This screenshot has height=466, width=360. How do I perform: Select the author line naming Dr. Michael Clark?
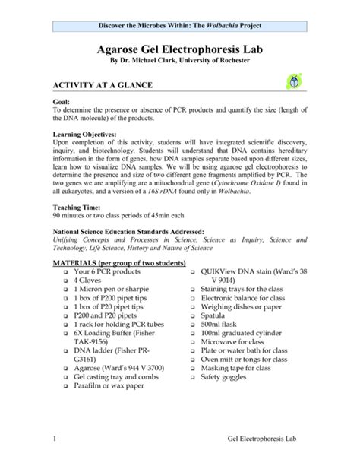pyautogui.click(x=180, y=64)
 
